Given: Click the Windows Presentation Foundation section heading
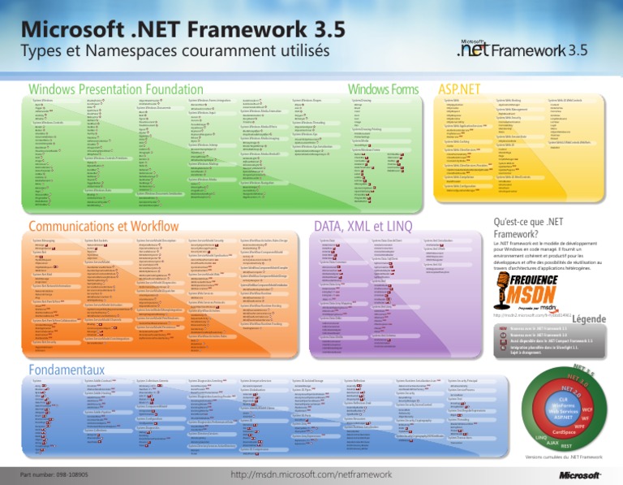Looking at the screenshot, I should point(115,88).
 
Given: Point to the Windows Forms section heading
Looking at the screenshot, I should point(377,88).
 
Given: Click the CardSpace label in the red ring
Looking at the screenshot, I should point(557,431).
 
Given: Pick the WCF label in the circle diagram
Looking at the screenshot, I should point(586,410).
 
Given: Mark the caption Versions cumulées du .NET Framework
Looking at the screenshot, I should point(552,461).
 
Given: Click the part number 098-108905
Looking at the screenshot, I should point(54,473).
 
